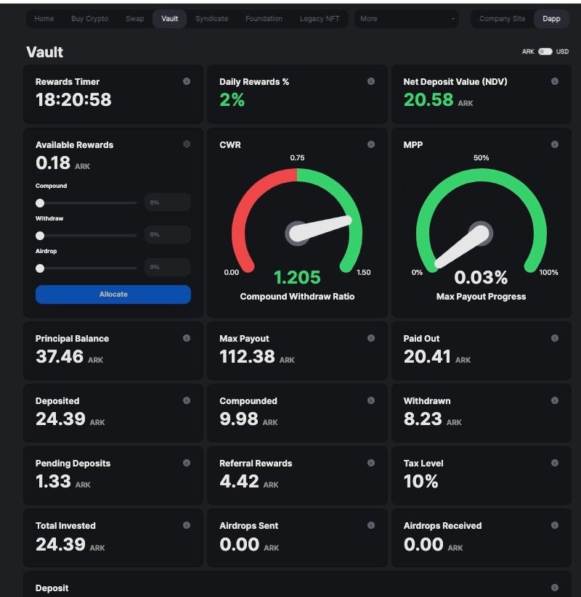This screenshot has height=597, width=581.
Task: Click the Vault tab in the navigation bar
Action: [x=169, y=19]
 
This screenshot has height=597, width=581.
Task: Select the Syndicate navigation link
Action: [x=211, y=19]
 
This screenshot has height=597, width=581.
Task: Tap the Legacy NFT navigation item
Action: [x=320, y=19]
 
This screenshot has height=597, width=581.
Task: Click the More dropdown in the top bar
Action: [x=407, y=19]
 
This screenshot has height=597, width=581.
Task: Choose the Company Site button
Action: [x=502, y=19]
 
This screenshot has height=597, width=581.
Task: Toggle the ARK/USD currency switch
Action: [x=545, y=52]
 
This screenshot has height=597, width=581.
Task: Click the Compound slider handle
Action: [x=40, y=203]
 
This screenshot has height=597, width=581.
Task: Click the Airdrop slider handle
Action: [x=40, y=268]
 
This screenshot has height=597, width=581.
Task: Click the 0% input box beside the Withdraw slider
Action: [x=168, y=235]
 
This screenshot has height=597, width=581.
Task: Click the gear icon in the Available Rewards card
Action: [x=187, y=144]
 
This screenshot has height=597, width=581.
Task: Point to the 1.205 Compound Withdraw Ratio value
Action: [x=297, y=278]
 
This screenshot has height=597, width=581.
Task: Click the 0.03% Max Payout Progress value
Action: [x=481, y=278]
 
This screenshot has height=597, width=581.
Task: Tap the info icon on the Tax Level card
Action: [x=555, y=463]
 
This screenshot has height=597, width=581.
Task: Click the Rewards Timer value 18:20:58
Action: [x=73, y=100]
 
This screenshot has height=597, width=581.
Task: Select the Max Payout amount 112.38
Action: [x=247, y=357]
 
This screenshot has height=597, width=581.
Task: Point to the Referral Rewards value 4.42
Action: [x=239, y=482]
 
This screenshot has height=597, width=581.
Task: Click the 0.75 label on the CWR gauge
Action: [x=297, y=158]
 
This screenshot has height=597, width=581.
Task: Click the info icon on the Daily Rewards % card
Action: [x=371, y=81]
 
